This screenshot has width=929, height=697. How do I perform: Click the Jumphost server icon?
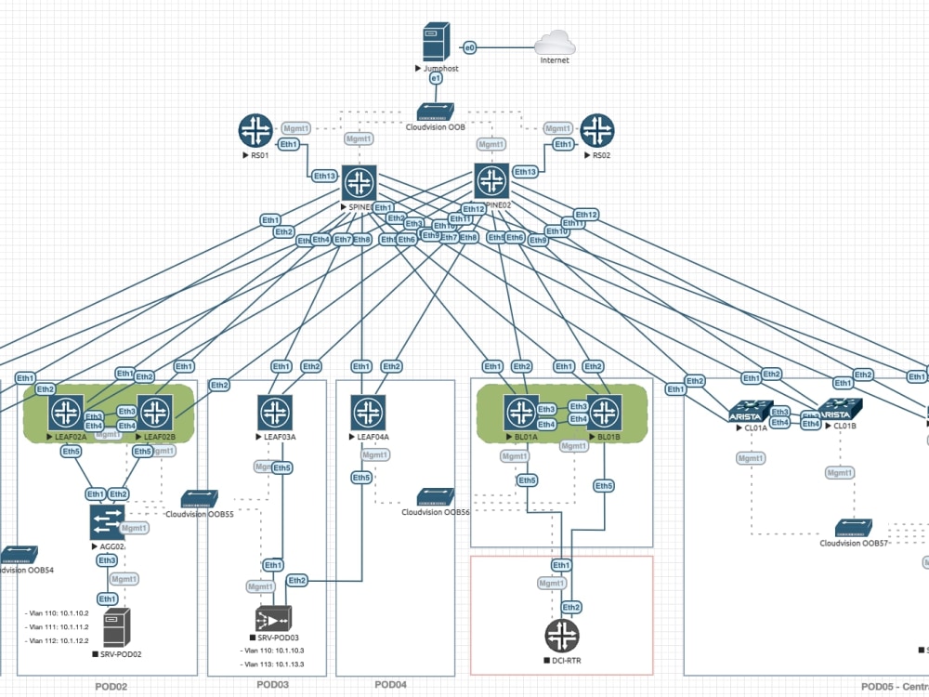point(436,44)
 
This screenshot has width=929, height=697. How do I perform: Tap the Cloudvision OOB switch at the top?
point(435,112)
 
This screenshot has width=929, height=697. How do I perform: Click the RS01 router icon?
point(254,131)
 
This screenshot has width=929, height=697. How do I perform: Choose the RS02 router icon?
point(597,131)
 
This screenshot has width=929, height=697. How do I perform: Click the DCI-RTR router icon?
point(561,636)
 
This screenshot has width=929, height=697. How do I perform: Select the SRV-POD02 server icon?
point(116,627)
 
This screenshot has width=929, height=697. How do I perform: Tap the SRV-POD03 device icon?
point(273,619)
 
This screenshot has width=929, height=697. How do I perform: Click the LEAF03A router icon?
point(275,412)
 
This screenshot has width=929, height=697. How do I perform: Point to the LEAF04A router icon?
point(369,412)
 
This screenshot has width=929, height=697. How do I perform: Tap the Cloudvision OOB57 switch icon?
point(853,528)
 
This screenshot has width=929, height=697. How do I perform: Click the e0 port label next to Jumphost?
point(470,46)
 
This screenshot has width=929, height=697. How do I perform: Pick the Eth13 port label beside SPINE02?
point(525,172)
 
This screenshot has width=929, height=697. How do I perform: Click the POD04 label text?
point(391,685)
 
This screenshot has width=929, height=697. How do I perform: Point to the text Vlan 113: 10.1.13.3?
point(272,664)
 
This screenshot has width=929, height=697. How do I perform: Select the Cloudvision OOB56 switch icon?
point(435,497)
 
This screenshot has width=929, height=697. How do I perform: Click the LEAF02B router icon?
point(155,412)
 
